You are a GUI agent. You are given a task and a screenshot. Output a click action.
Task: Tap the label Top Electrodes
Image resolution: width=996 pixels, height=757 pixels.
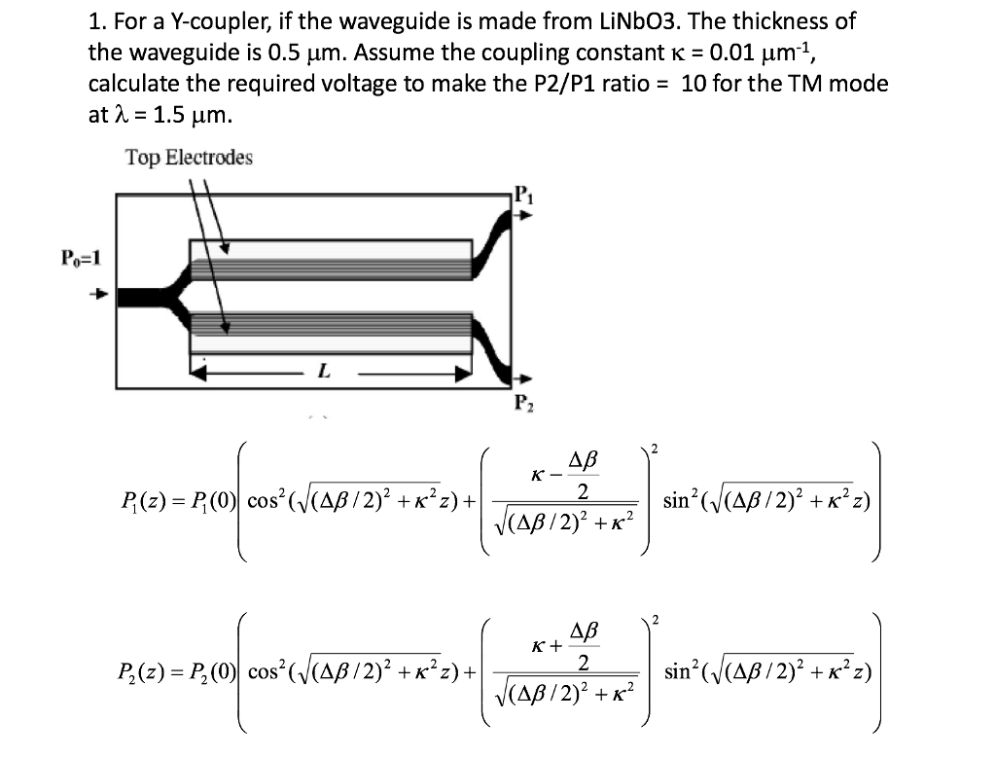tap(189, 158)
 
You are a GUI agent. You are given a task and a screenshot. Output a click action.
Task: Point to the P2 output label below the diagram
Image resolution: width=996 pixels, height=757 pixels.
tap(523, 404)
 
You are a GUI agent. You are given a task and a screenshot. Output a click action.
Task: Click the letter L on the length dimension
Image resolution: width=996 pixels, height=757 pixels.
tap(323, 371)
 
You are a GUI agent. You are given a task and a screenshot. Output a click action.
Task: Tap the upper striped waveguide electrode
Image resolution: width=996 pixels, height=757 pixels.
tap(331, 259)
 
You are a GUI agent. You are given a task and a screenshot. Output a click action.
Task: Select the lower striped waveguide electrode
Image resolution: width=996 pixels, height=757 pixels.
tap(331, 326)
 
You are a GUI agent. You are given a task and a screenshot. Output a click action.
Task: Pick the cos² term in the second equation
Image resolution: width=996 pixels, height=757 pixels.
tap(265, 671)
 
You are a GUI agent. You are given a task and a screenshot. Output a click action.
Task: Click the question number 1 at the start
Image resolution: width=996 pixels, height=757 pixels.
tap(93, 20)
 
